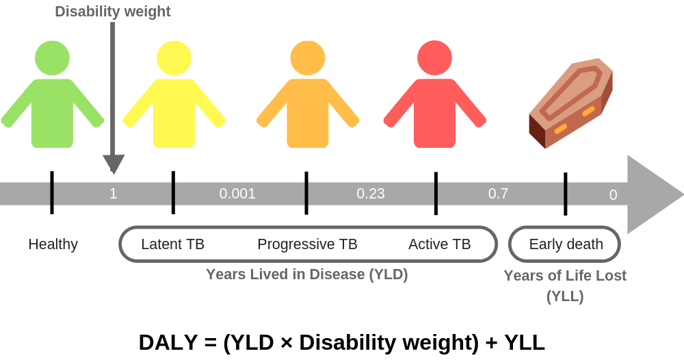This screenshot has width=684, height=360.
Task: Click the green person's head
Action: (53, 58)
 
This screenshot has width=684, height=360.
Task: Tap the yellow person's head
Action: (174, 58)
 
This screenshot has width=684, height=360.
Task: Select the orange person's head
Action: (308, 58)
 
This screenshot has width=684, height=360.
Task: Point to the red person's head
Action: (434, 58)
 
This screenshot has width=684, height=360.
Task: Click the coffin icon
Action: (570, 103)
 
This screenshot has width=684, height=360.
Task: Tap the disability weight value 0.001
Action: (237, 193)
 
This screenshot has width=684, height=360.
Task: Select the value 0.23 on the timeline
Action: (371, 193)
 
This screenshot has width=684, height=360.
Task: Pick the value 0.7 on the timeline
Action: (498, 193)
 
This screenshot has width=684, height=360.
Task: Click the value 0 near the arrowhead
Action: (613, 194)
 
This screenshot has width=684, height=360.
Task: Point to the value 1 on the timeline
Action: (113, 193)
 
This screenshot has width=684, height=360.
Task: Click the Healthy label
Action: (53, 244)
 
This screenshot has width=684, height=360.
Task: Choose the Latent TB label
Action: (173, 244)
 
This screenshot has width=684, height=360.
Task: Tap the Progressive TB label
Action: (308, 244)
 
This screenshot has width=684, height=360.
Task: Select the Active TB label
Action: (440, 244)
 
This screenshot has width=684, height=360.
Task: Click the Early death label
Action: (566, 244)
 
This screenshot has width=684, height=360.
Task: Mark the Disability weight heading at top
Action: (113, 12)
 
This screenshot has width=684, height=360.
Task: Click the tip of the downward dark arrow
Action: (114, 174)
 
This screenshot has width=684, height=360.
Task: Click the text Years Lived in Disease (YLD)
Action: (307, 274)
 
